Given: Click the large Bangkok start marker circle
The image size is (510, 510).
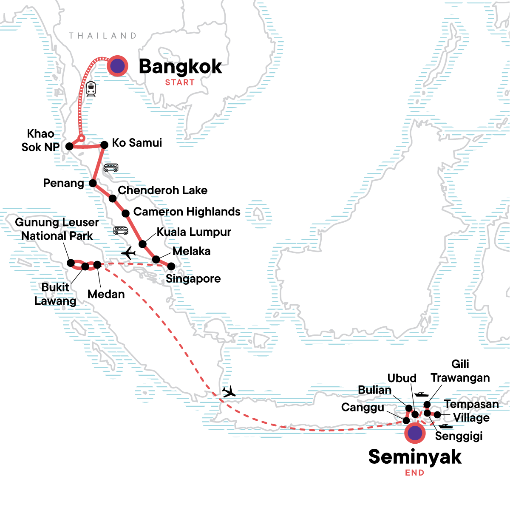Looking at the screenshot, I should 117,66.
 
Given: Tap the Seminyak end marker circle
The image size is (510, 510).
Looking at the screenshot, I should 415,433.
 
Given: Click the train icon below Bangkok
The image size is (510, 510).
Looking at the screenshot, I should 91,89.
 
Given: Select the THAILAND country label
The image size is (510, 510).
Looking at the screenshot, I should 103,36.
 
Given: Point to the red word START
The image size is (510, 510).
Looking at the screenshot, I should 180,82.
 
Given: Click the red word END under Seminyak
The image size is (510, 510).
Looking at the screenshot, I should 414,473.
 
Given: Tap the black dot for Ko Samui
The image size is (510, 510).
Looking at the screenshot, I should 104,145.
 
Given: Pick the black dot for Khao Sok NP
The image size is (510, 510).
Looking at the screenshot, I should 69,146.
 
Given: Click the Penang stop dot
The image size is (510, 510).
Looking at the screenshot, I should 93,184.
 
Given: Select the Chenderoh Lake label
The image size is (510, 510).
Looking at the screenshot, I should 162,190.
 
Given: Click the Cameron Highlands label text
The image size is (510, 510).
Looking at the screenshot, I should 187,212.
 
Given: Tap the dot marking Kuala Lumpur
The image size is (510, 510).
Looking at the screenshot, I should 143,244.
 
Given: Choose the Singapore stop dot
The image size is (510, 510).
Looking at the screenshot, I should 171,266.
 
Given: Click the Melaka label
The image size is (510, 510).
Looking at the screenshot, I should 191,251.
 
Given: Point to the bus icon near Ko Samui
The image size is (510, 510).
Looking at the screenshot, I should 111,167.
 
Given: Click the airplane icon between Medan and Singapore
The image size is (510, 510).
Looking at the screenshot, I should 128,254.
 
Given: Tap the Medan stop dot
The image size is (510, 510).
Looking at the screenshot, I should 97,265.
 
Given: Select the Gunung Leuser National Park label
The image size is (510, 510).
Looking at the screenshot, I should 57,229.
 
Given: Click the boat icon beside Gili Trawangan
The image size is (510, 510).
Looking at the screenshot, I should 421,394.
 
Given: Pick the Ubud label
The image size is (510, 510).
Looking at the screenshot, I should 402,378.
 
